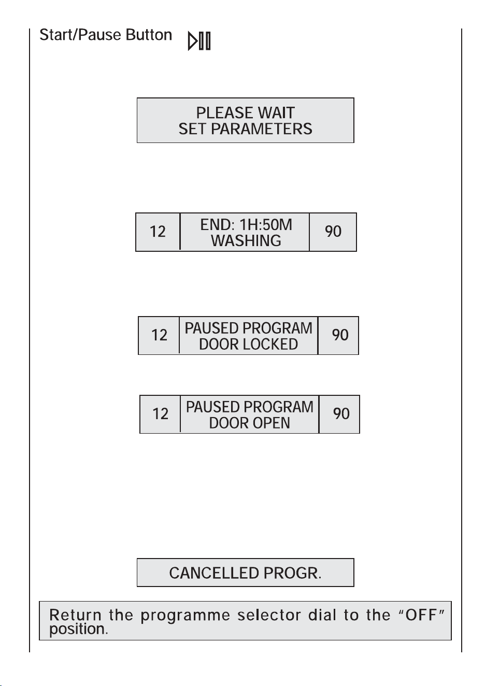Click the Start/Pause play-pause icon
(199, 41)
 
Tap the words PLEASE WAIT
(245, 113)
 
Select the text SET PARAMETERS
(245, 128)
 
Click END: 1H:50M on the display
(246, 224)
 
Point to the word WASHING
(246, 240)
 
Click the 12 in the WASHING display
(158, 232)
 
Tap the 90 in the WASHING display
(333, 231)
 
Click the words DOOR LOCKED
(248, 344)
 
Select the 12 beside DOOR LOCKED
(159, 335)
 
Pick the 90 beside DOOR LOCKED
(340, 335)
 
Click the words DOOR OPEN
(250, 423)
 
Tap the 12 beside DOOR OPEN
(161, 414)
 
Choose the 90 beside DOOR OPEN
(341, 413)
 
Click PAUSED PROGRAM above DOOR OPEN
(250, 407)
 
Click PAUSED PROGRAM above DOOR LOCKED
(248, 328)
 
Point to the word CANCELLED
(214, 573)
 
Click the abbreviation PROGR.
(292, 573)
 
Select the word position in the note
(79, 630)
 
